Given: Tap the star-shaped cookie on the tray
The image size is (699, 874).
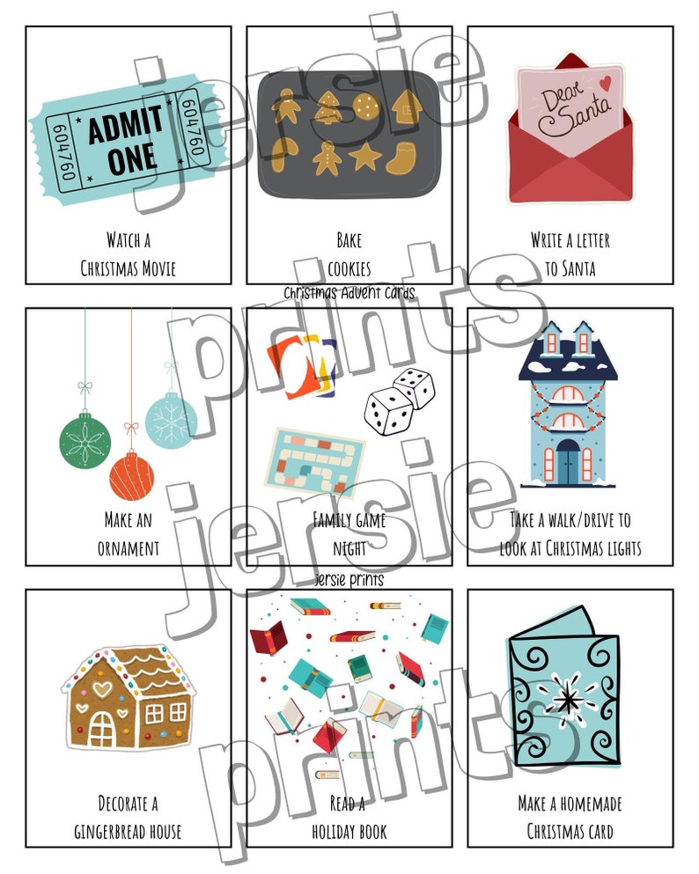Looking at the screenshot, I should [364, 158].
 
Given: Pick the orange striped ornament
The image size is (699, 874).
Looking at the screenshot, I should [132, 476].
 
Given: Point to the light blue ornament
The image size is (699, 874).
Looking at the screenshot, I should [172, 420].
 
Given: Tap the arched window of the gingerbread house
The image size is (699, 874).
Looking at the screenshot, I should [103, 725].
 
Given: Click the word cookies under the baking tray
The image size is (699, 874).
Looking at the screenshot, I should [349, 268].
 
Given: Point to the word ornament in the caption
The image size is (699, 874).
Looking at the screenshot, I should [129, 548].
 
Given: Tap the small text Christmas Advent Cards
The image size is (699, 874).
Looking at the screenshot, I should [349, 292].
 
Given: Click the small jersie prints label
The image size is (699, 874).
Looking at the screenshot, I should [349, 580].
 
